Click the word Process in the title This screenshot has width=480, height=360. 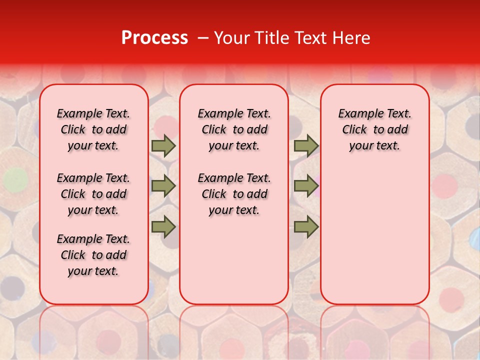coord(154,38)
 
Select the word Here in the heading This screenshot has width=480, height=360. coord(350,38)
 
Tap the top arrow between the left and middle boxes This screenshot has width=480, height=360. coord(163,146)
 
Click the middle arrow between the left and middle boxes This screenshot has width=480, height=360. coord(163,186)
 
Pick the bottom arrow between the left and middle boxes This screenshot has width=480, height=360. coord(163,226)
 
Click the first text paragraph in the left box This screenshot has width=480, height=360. coord(93,129)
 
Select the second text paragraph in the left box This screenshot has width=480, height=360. coord(93,194)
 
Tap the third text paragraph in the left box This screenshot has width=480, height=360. coord(93,255)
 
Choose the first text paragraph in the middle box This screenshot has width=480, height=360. coord(234,129)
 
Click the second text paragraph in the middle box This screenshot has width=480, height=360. coord(234,194)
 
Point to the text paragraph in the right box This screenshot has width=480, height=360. coord(374,129)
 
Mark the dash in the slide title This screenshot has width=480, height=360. coord(203,38)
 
